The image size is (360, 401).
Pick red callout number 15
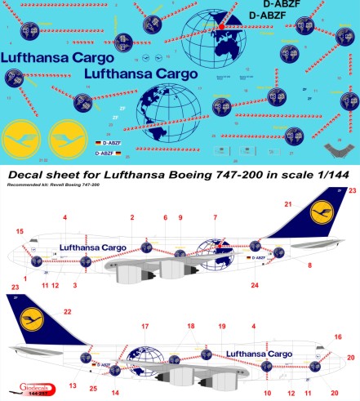20,231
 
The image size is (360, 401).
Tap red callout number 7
216,217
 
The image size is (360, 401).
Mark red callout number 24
255,285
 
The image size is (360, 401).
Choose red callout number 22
68,312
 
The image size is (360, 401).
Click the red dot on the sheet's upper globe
220,27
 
